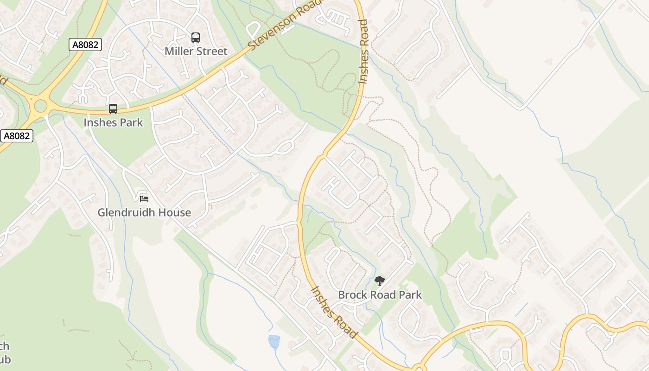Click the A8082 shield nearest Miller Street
point(85,45)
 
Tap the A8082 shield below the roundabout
point(17,136)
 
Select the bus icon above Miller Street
point(196,38)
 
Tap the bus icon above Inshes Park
point(113,109)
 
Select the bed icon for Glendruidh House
point(144,198)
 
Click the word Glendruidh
point(127,213)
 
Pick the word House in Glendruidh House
point(175,213)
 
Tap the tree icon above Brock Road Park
point(380,281)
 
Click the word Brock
point(351,295)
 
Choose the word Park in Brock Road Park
point(411,295)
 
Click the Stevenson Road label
point(284,24)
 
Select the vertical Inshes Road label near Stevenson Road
point(363,51)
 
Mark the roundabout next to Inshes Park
point(40,106)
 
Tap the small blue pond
point(274,342)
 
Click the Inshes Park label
point(113,123)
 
